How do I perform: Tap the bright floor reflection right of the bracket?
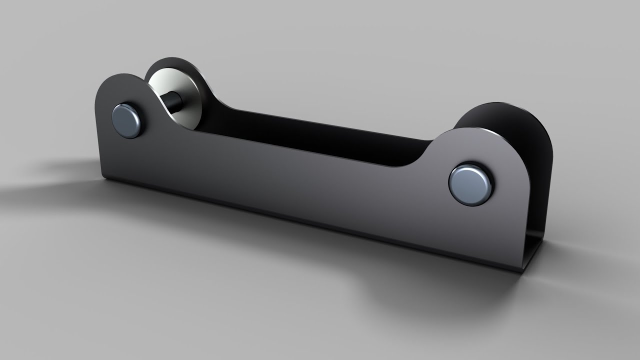click(x=590, y=260)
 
